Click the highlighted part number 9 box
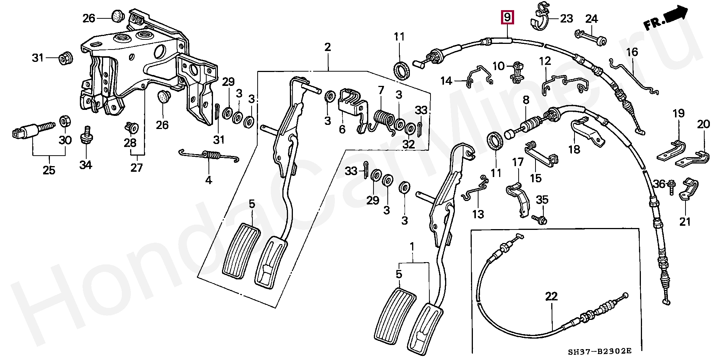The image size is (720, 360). pyautogui.click(x=507, y=17)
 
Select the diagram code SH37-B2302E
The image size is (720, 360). pyautogui.click(x=599, y=351)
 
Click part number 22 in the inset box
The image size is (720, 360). pyautogui.click(x=551, y=297)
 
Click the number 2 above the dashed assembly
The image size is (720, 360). pyautogui.click(x=327, y=47)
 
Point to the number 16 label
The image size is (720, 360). pyautogui.click(x=632, y=52)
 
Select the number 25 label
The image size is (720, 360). pyautogui.click(x=49, y=170)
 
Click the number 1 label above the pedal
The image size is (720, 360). pyautogui.click(x=412, y=247)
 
